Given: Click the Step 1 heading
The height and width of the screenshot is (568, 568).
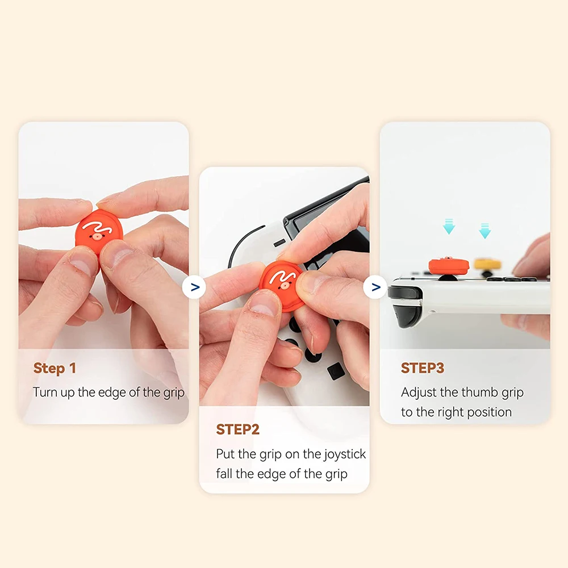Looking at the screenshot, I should click(x=55, y=368).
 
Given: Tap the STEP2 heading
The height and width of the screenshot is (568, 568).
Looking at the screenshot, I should click(x=237, y=429).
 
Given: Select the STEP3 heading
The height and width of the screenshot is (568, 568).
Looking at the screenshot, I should click(x=422, y=368).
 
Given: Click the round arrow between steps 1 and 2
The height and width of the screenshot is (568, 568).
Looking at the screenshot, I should click(x=195, y=287).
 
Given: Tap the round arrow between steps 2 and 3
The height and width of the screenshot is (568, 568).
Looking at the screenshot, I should click(x=375, y=287).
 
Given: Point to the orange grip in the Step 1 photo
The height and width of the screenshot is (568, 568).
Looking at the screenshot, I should click(x=99, y=233).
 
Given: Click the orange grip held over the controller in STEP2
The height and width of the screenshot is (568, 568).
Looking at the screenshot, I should click(x=282, y=285).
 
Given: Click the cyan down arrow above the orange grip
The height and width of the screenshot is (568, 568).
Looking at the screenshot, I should click(x=449, y=227).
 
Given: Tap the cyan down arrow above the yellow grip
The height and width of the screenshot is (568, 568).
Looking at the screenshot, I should click(x=485, y=230).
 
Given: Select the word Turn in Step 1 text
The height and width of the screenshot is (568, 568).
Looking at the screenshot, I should click(x=45, y=392).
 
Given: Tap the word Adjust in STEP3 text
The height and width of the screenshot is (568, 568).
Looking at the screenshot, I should click(x=419, y=392).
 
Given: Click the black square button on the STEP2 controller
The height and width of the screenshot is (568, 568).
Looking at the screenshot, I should click(x=335, y=372).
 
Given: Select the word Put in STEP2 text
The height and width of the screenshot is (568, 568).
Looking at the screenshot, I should click(x=225, y=454).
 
